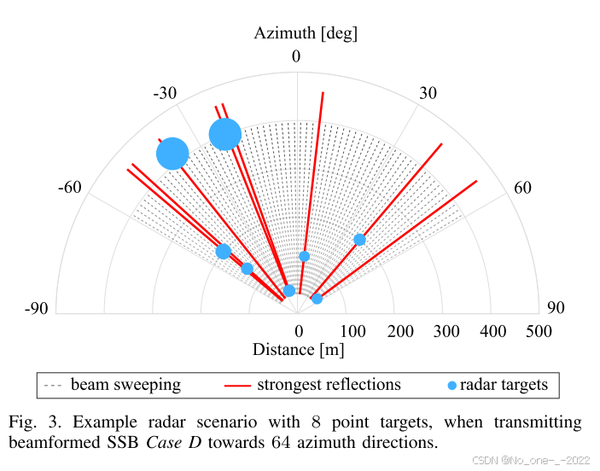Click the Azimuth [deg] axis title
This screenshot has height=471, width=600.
tap(305, 33)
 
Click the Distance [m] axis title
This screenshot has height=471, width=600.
tap(298, 349)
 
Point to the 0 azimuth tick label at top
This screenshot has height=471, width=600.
tap(296, 56)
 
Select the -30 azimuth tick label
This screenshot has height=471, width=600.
tap(165, 92)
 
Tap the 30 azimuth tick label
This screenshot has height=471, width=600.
tap(428, 92)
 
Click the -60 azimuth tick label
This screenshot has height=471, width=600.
tap(69, 187)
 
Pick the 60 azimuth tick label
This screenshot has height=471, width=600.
tap(523, 187)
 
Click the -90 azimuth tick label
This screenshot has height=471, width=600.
tap(36, 309)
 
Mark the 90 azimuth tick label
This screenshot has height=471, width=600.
tap(556, 309)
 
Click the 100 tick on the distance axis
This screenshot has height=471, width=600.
tap(351, 330)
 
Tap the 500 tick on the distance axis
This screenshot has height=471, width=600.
tap(539, 330)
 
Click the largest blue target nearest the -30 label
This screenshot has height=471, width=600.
tap(225, 134)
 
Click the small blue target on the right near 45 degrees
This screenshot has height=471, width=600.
tap(359, 240)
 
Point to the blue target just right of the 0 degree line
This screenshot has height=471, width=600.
tap(304, 256)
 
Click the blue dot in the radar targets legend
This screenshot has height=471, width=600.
tap(451, 386)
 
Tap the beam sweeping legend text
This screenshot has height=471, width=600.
tap(125, 385)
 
